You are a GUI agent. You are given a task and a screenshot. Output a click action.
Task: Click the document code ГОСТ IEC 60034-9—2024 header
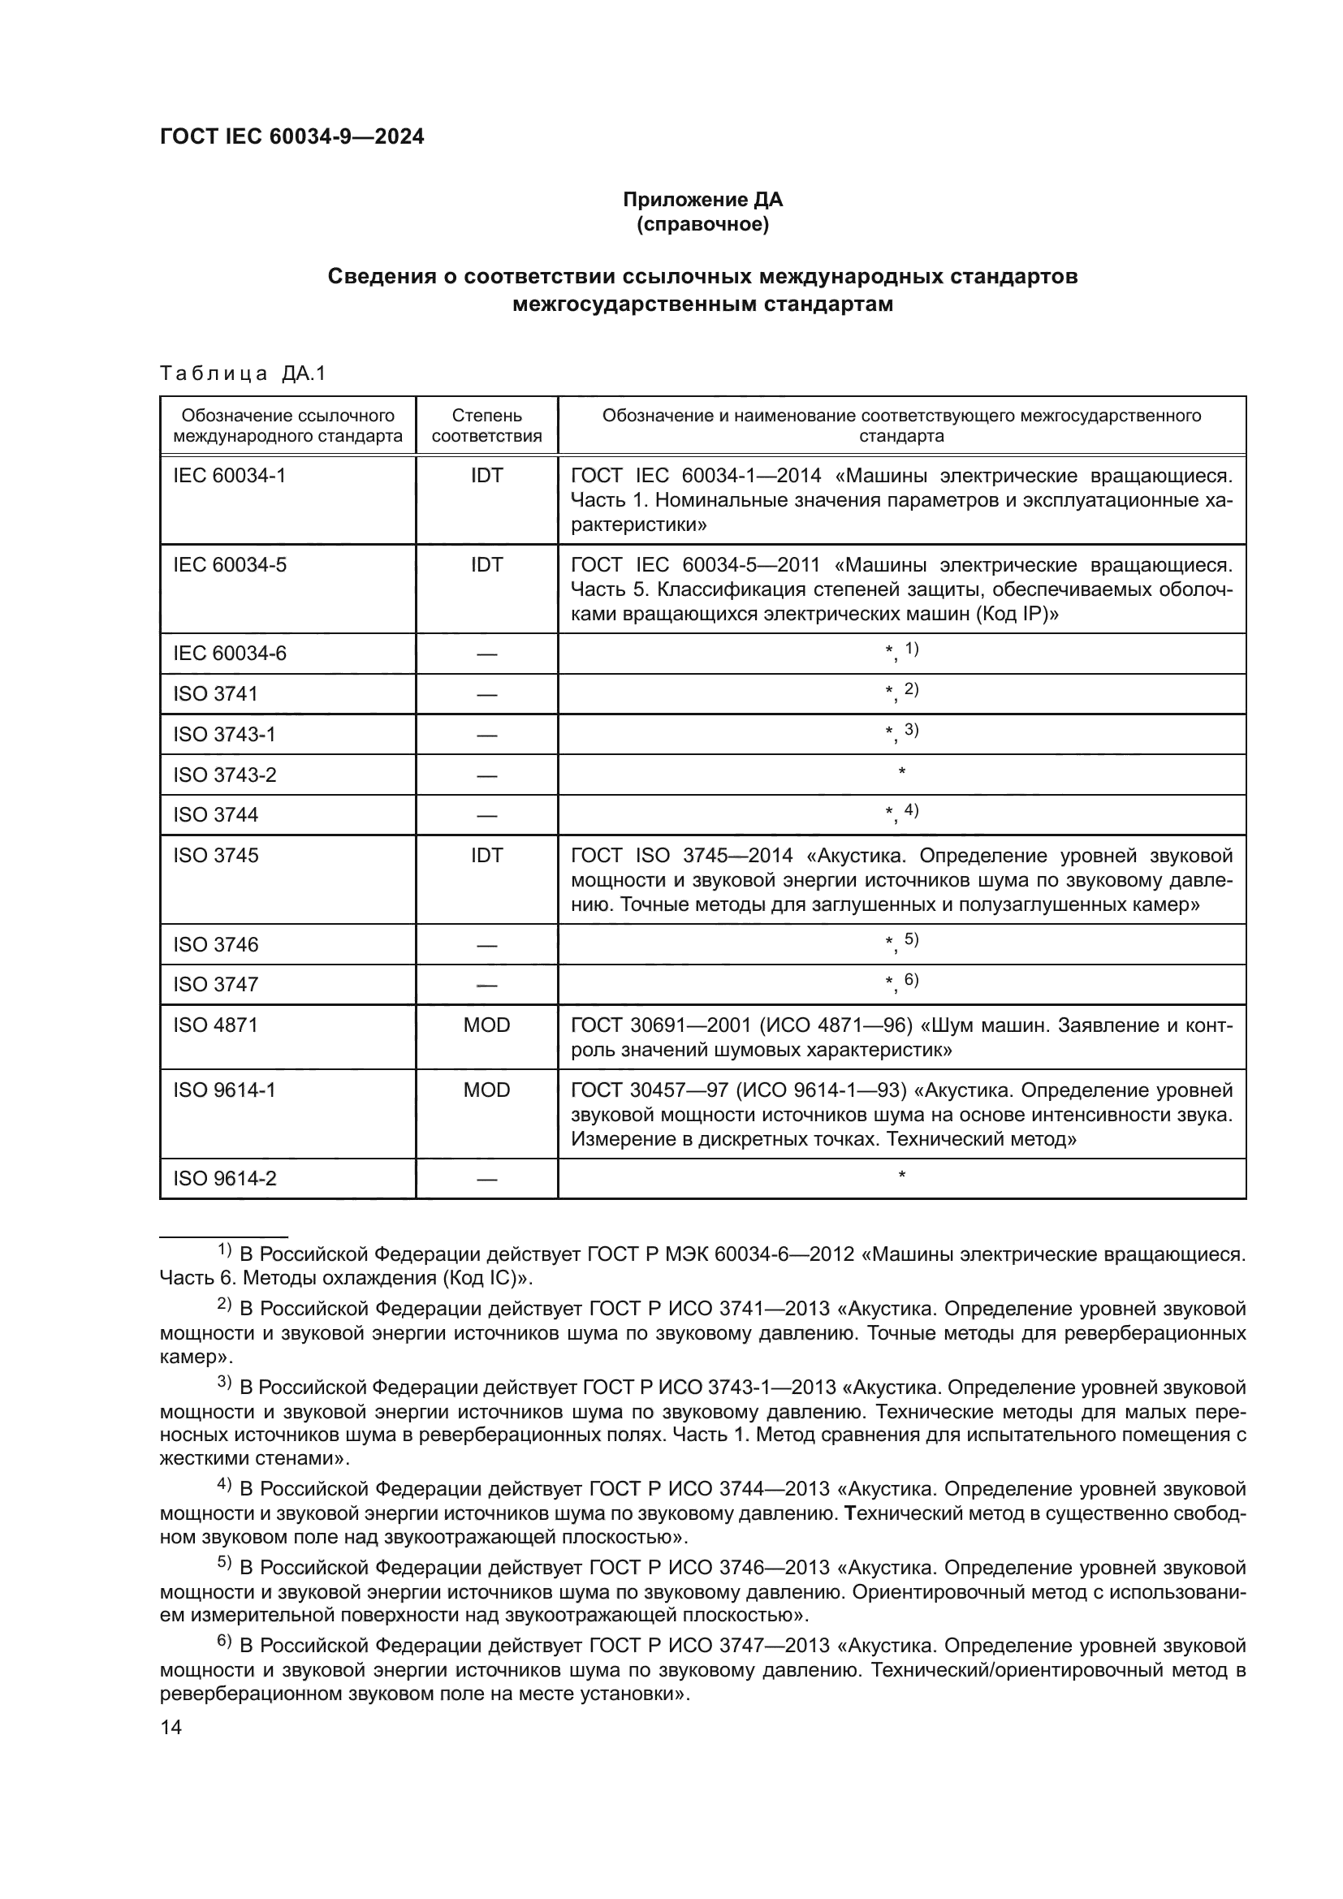click(291, 137)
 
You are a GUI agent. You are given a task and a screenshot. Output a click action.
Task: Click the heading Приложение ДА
click(702, 200)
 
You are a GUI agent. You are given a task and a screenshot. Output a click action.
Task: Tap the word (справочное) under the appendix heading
click(702, 224)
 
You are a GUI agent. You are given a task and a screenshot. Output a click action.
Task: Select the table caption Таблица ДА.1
click(243, 373)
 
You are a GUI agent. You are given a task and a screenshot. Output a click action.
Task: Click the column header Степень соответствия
click(486, 425)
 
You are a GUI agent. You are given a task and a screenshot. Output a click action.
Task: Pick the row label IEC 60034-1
click(229, 476)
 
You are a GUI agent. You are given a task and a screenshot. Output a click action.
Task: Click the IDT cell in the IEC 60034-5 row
click(486, 565)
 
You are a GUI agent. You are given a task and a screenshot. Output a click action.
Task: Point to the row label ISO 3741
click(215, 694)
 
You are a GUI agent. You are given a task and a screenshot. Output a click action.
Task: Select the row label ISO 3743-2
click(224, 775)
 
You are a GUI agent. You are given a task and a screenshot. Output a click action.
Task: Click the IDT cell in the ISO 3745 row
click(486, 855)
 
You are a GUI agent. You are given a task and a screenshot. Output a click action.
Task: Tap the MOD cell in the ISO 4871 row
click(486, 1025)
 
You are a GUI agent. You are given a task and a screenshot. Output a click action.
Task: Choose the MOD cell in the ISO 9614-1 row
click(486, 1090)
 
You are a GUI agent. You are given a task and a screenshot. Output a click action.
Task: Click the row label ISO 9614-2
click(224, 1179)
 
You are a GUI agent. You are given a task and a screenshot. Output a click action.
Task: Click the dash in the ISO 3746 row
click(486, 945)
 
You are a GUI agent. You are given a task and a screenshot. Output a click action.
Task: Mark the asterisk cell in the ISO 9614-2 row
click(901, 1176)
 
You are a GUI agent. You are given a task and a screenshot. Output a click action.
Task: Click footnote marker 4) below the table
click(224, 1484)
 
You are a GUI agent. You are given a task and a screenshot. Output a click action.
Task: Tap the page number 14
click(171, 1727)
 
